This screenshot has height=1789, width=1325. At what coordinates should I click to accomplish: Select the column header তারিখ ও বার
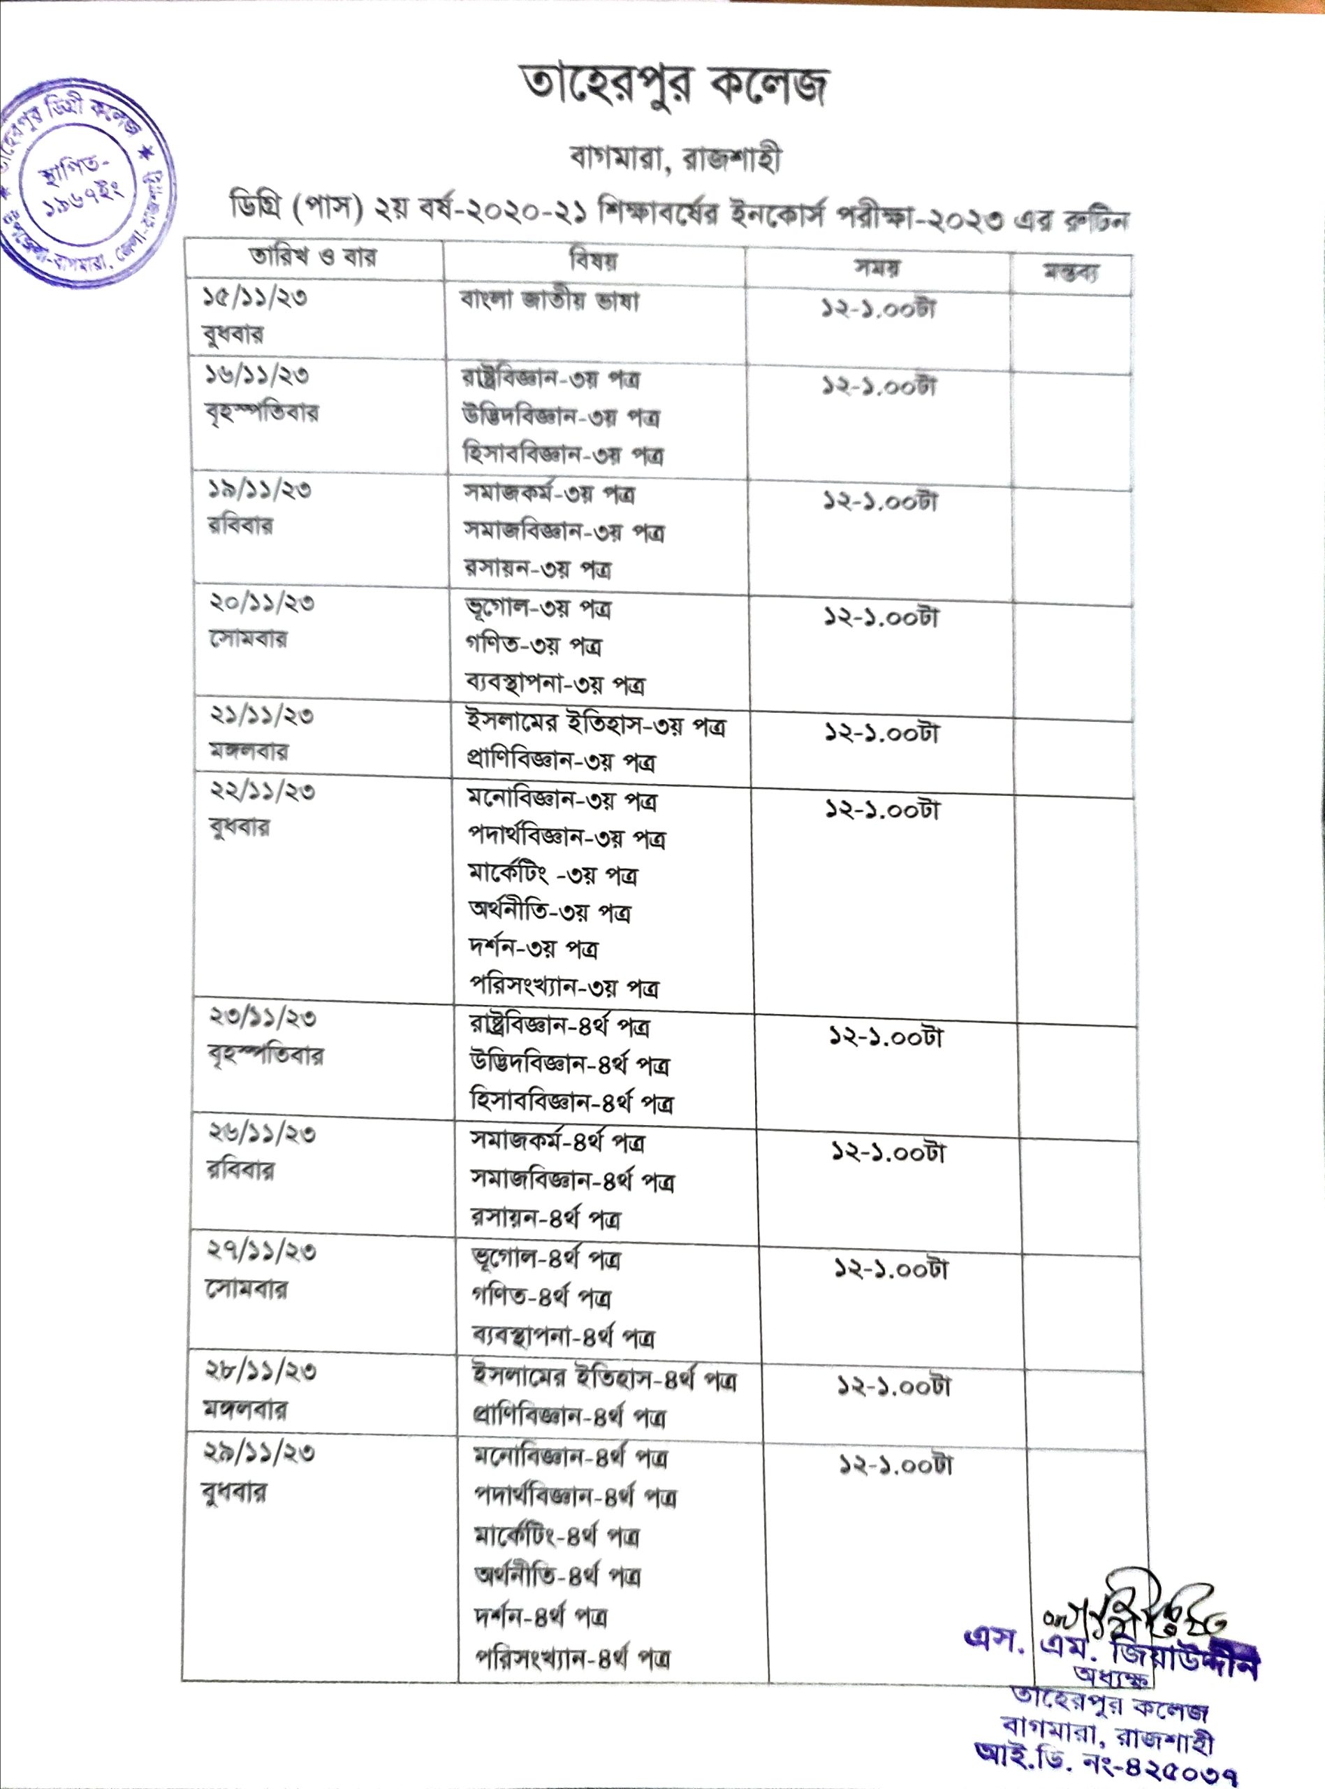[x=313, y=258]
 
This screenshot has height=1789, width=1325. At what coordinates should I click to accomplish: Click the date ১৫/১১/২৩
[x=254, y=298]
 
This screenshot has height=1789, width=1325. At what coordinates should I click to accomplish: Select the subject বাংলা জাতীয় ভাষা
[x=550, y=302]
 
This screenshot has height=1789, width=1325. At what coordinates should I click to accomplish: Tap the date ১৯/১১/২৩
[x=259, y=489]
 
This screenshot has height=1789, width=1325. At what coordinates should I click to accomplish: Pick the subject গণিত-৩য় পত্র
[x=534, y=645]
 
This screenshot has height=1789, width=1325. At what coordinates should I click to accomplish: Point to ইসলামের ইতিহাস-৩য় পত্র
[x=596, y=725]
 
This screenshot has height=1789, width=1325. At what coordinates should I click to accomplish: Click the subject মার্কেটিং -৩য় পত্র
[x=553, y=874]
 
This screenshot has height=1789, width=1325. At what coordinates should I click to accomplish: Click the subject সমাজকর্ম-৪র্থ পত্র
[x=557, y=1142]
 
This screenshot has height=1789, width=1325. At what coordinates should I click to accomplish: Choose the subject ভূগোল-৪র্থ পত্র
[x=546, y=1259]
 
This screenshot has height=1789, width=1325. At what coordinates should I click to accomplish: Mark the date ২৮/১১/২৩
[x=261, y=1370]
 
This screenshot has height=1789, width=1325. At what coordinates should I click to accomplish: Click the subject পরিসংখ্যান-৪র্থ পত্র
[x=573, y=1656]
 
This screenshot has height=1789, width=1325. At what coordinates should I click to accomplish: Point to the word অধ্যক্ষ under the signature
[x=1111, y=1676]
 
